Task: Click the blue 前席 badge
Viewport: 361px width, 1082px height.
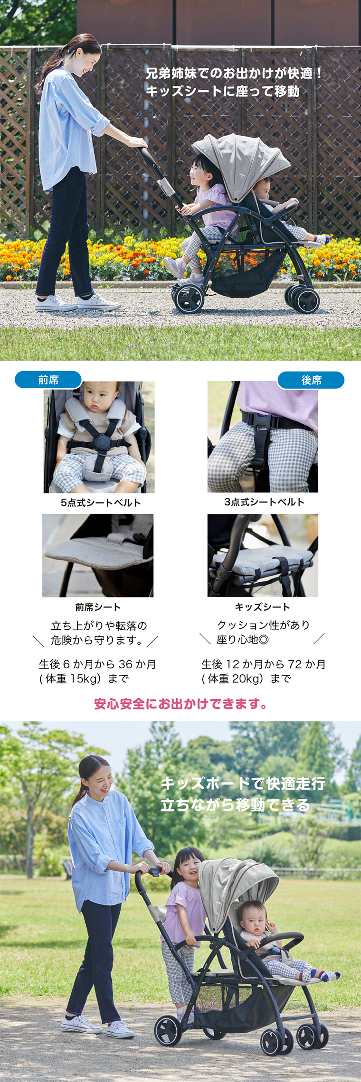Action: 48,380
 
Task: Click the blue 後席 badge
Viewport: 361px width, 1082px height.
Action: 311,380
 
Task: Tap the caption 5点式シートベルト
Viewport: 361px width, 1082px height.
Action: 101,503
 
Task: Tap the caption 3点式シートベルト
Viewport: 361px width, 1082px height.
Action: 264,502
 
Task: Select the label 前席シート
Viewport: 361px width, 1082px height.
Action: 98,607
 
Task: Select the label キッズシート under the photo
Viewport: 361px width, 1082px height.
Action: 262,607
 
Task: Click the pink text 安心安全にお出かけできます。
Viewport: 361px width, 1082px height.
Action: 180,704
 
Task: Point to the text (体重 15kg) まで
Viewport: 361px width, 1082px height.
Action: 84,679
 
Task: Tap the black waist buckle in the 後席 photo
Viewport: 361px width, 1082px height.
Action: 259,422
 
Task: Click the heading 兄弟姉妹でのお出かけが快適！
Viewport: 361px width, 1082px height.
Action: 234,73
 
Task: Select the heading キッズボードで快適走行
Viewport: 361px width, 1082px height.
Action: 242,784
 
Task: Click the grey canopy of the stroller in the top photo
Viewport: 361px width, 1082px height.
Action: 242,161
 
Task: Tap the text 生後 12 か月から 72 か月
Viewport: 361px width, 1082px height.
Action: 263,664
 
